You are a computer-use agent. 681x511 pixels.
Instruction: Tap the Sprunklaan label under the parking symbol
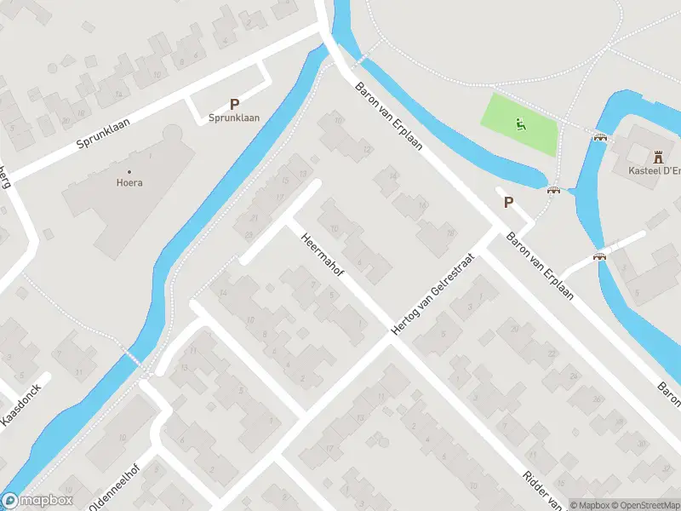[x=234, y=119]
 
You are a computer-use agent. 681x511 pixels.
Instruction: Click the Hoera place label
[x=129, y=181]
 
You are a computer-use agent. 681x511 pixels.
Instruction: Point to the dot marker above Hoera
[x=129, y=169]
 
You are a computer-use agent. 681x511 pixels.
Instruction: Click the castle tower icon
[x=657, y=157]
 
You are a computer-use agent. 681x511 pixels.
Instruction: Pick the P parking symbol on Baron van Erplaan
[x=509, y=203]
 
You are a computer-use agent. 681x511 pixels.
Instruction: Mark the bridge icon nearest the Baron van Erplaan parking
[x=554, y=191]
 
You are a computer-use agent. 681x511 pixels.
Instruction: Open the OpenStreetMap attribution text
[x=647, y=505]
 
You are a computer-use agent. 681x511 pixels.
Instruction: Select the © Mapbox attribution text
[x=591, y=505]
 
